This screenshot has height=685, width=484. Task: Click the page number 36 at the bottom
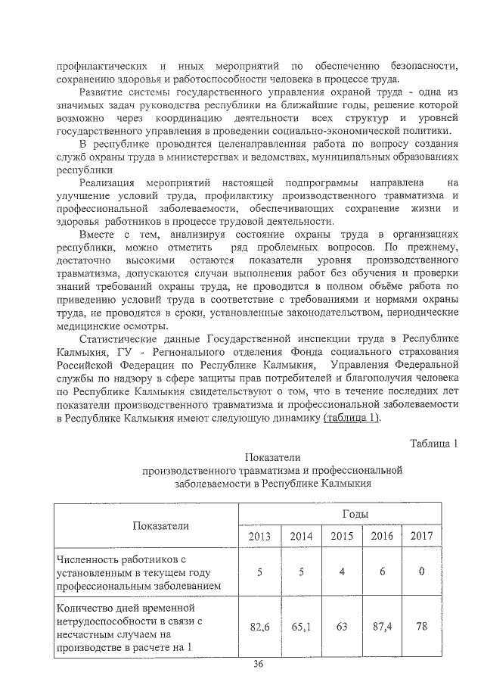tap(257, 665)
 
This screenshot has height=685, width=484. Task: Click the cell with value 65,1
tap(301, 626)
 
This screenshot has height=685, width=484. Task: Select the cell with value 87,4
tap(383, 626)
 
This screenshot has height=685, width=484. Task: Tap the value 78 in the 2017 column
tap(420, 626)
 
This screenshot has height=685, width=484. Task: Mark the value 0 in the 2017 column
tap(420, 571)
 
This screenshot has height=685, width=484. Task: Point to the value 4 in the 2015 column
tap(342, 571)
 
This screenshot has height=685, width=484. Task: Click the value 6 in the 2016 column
tap(383, 571)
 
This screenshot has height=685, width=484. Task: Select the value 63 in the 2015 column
tap(342, 626)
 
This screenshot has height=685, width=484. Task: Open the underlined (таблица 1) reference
tap(352, 419)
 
